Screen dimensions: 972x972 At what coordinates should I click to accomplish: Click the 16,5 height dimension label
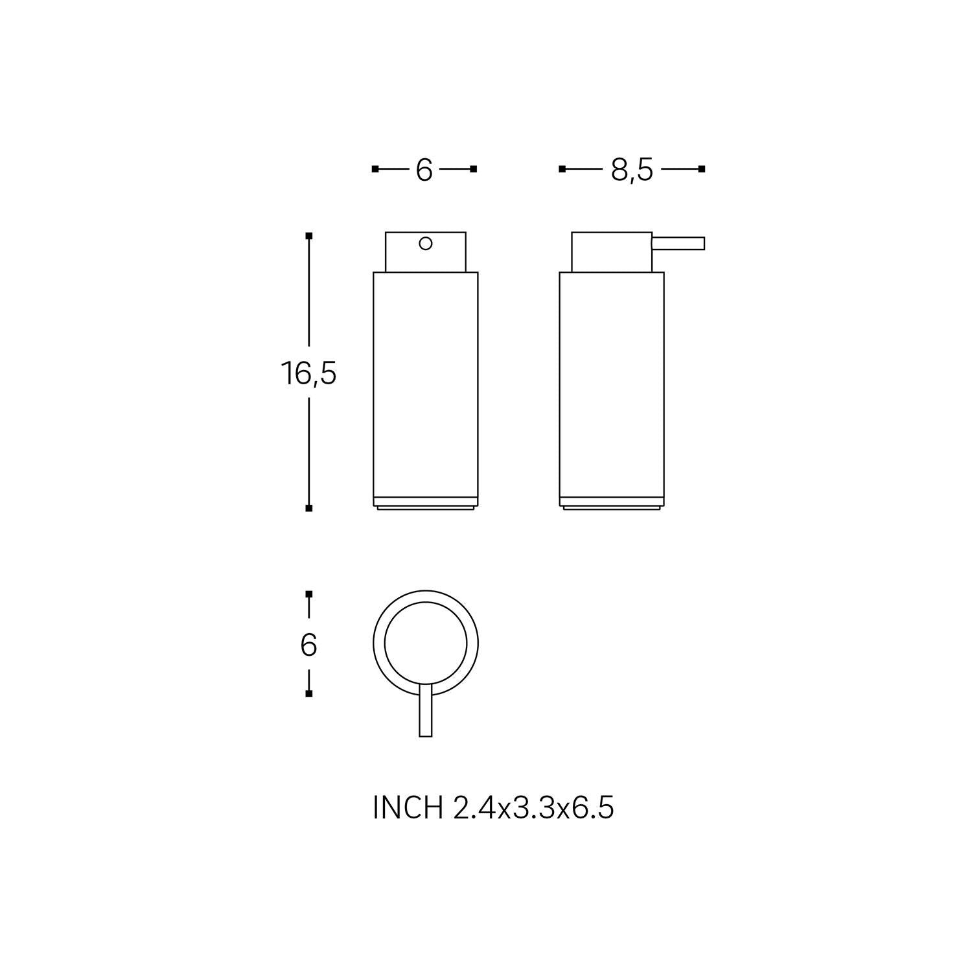308,374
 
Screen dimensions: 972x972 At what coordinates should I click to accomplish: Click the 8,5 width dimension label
632,170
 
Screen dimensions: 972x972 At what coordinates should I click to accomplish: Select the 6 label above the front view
424,170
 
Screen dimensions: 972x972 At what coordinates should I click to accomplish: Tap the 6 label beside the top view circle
308,645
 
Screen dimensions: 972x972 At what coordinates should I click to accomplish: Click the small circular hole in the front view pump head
426,244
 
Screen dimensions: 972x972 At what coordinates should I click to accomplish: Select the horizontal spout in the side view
678,244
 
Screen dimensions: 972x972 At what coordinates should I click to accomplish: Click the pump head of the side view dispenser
611,252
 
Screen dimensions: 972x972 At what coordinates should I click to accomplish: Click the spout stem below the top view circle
426,710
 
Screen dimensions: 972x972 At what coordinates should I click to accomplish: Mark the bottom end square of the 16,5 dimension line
309,508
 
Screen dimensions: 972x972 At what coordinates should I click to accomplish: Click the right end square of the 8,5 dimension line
702,169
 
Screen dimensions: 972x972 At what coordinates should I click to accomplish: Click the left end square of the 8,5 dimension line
562,169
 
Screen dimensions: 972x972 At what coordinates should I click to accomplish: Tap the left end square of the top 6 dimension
375,169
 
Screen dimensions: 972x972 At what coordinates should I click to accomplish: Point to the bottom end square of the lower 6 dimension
309,693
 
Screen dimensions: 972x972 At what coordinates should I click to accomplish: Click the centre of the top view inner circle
426,643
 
